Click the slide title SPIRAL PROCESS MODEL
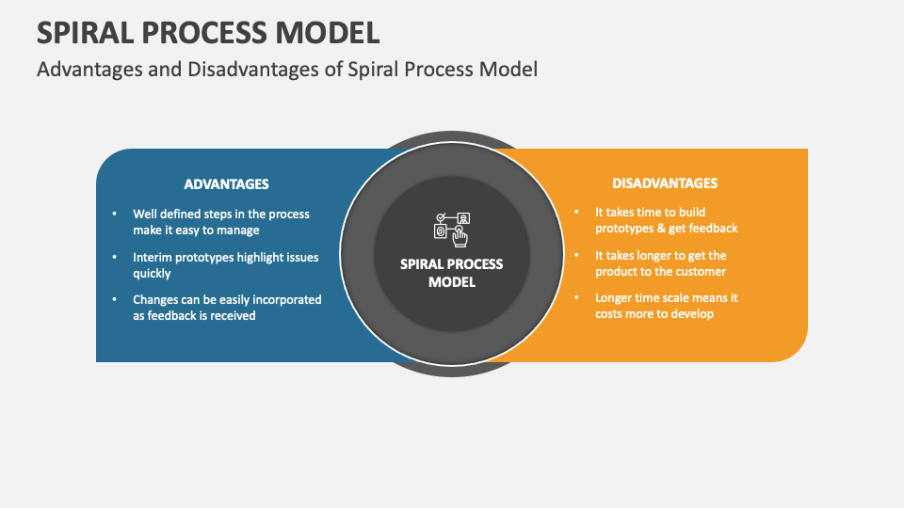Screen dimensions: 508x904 [208, 32]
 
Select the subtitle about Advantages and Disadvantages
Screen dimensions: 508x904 [287, 70]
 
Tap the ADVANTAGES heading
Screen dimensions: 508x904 [226, 184]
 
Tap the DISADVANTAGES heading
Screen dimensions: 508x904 [665, 183]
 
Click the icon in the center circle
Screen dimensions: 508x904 [451, 229]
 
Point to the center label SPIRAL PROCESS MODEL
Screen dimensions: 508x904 [452, 273]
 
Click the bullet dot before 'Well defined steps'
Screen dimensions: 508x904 [114, 214]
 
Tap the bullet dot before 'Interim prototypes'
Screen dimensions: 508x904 [114, 257]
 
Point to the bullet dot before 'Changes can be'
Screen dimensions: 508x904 [114, 300]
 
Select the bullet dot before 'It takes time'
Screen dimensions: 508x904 [576, 213]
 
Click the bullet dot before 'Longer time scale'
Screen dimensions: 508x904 [576, 298]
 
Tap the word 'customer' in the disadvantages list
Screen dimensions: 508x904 [699, 272]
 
